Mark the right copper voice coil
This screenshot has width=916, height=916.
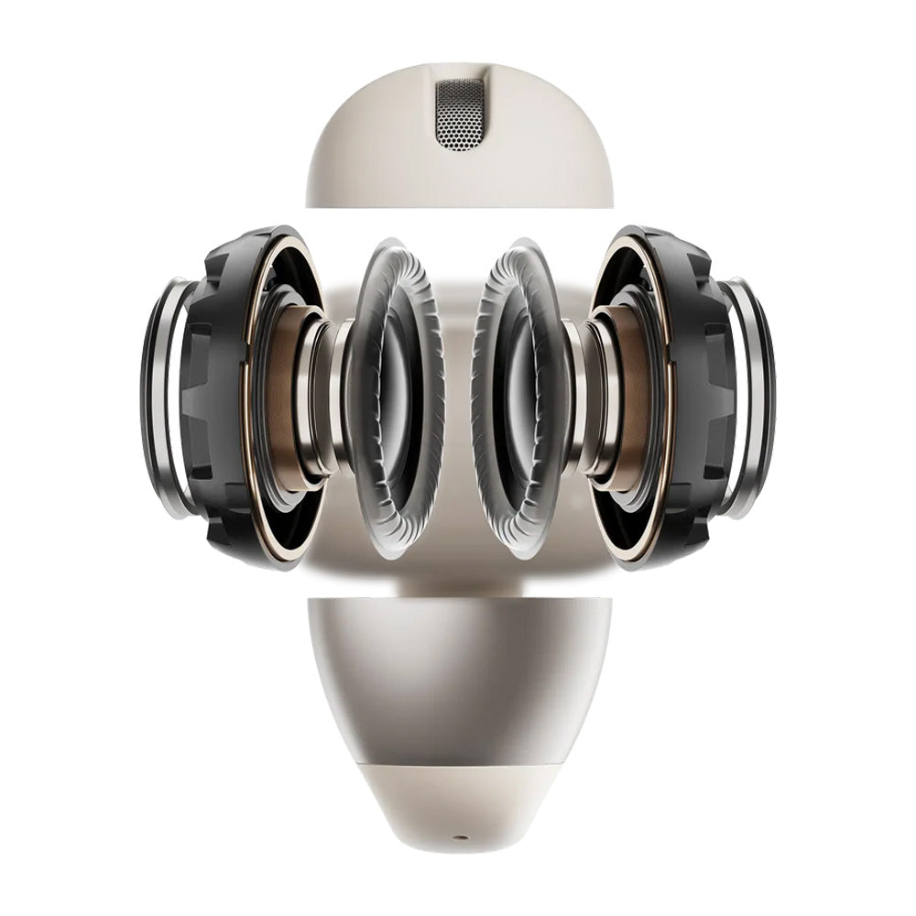tap(632, 394)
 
